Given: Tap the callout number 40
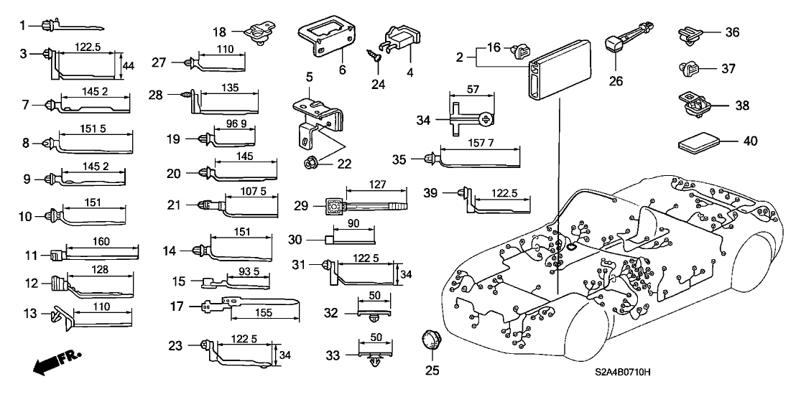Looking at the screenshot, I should [x=751, y=142].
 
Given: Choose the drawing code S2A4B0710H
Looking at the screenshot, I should [x=627, y=373].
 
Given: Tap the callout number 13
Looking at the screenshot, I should [x=29, y=314].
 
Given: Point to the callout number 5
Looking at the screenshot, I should [x=308, y=77].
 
